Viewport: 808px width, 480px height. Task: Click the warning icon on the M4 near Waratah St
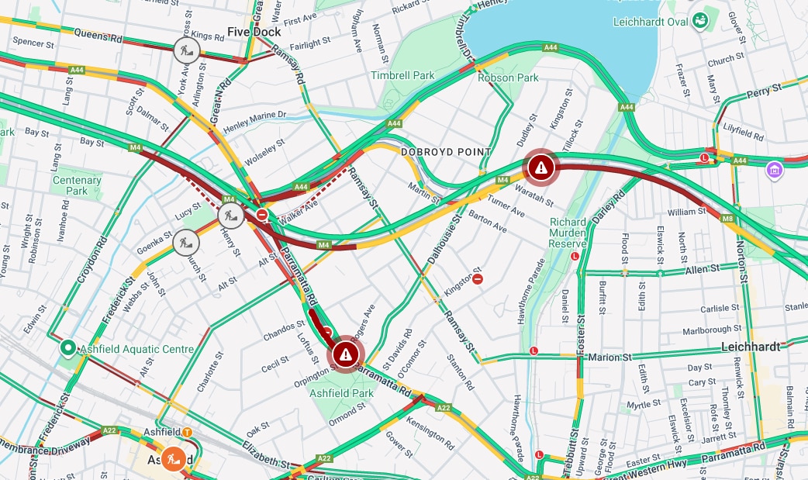click(x=541, y=166)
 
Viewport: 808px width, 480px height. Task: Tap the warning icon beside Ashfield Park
click(x=346, y=354)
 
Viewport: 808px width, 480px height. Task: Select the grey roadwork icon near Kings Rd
click(x=186, y=50)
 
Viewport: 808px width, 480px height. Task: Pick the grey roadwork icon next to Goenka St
click(x=186, y=243)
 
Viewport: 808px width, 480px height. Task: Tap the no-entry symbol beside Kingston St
click(x=478, y=278)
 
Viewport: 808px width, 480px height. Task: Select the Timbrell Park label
click(x=402, y=75)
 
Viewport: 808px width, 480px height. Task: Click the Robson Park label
click(x=508, y=78)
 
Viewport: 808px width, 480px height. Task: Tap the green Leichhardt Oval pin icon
click(x=701, y=19)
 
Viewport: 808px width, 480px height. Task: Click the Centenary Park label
click(x=77, y=185)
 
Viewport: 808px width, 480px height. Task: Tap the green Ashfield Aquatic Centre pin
click(x=67, y=349)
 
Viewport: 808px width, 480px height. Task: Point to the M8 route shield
click(x=727, y=219)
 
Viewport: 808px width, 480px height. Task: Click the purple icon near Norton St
click(x=773, y=169)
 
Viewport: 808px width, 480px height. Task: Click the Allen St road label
click(x=703, y=269)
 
